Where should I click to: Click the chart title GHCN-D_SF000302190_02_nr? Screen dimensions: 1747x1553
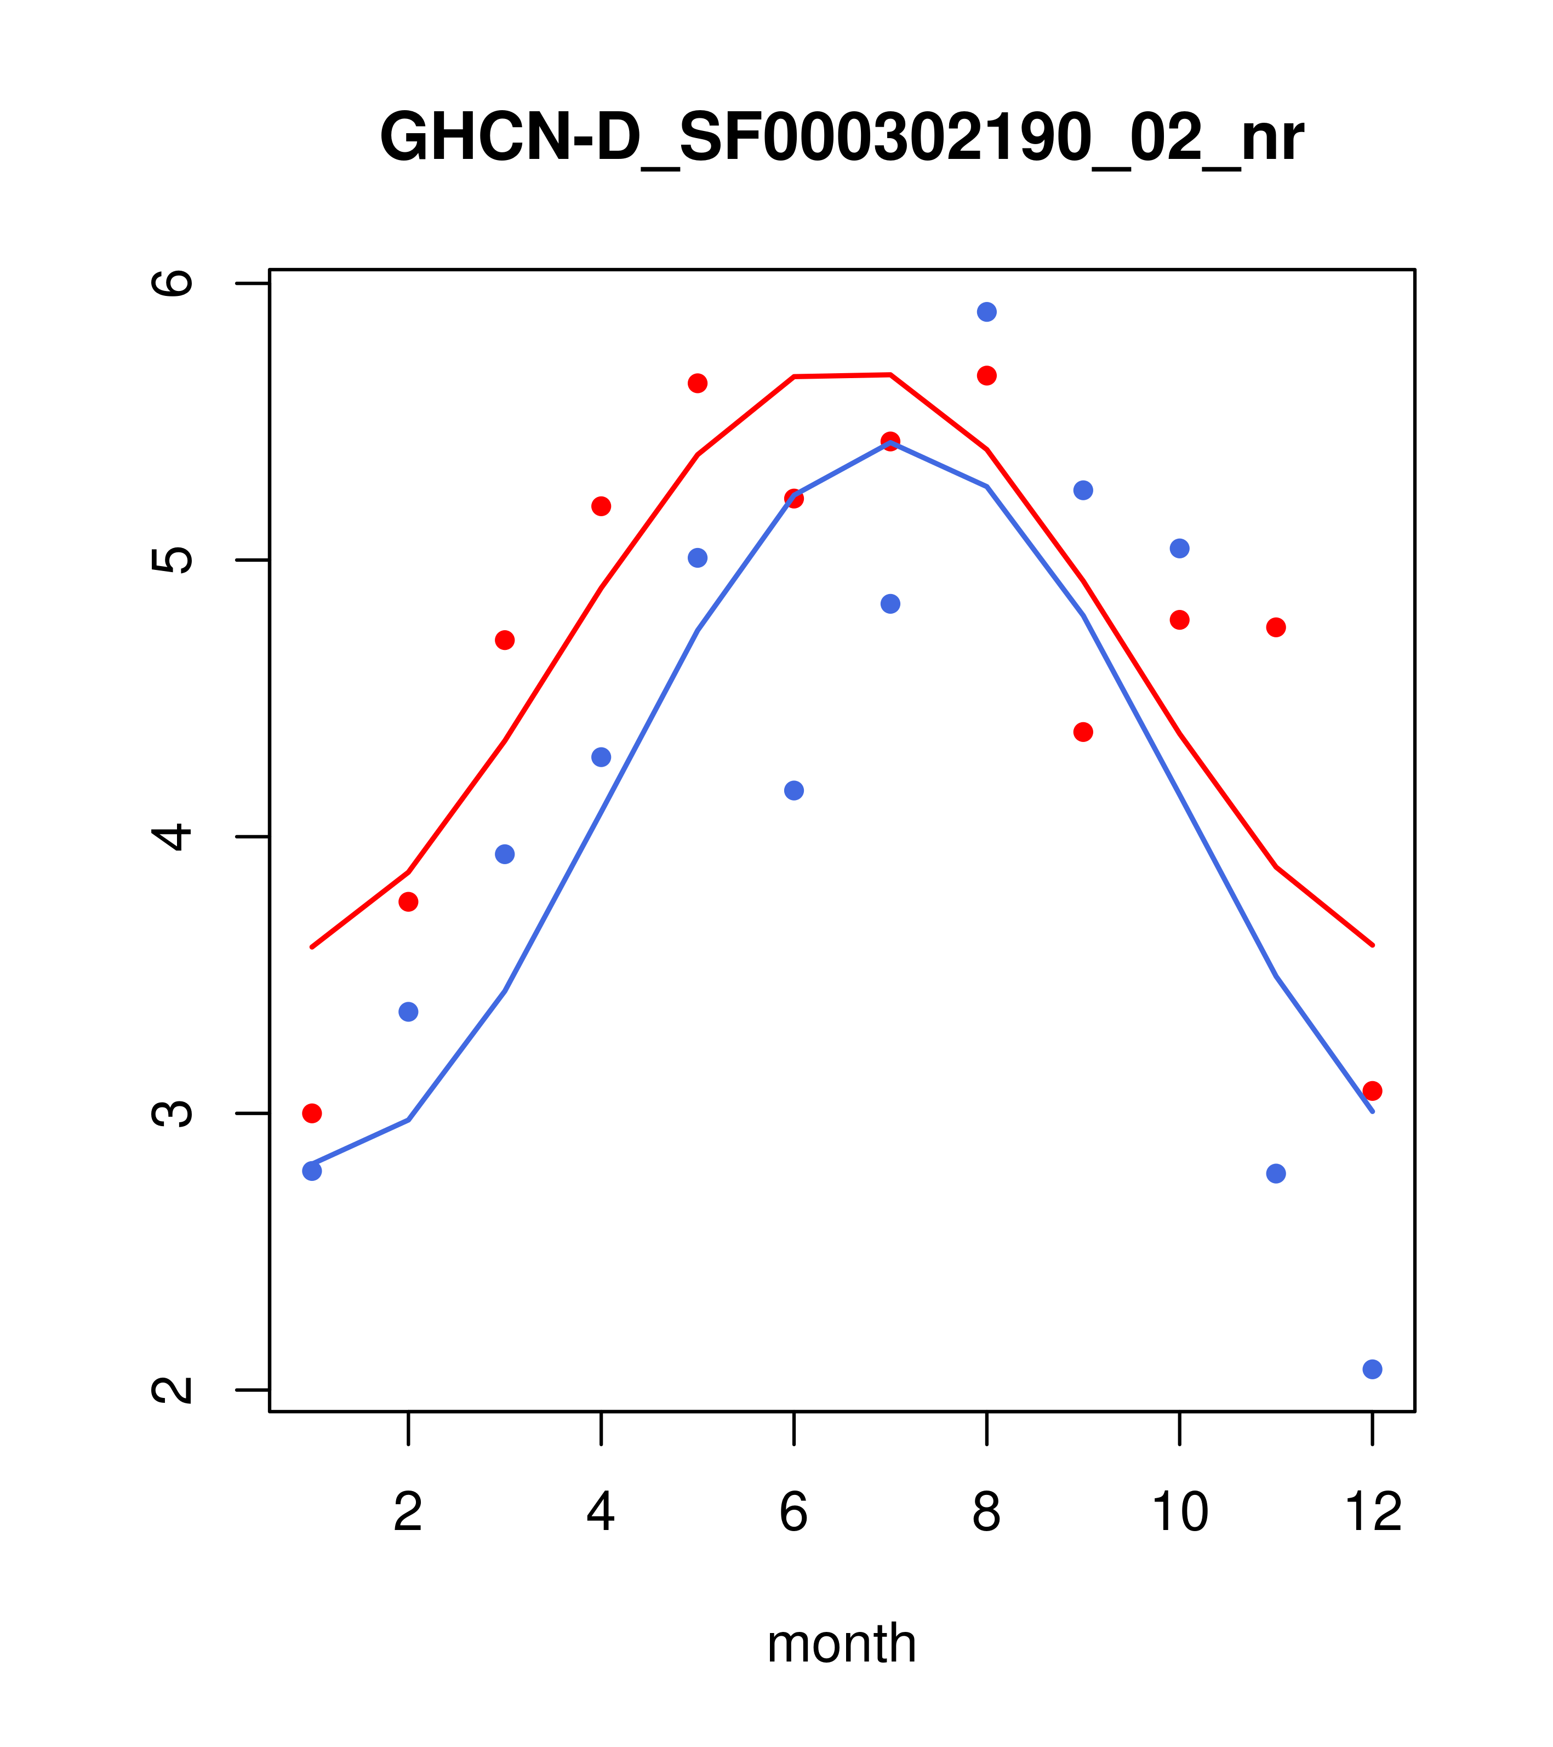pos(841,138)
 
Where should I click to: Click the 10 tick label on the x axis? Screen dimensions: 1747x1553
pos(1179,1513)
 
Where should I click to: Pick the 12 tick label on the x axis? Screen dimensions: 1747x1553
pos(1373,1513)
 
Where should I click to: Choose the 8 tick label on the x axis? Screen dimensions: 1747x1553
pos(986,1513)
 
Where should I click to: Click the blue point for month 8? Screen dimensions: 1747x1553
pos(986,312)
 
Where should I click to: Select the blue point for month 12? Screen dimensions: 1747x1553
pos(1373,1369)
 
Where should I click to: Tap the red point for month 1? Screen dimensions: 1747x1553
pos(312,1113)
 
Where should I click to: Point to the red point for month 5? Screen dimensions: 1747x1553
pos(698,383)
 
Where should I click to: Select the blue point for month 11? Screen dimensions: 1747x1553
pos(1276,1173)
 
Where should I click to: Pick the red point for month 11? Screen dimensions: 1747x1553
pos(1276,627)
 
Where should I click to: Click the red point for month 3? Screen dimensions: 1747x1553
pos(505,640)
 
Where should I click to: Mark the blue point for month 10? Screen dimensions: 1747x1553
pos(1179,549)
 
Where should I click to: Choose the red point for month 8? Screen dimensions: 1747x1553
pos(986,376)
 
